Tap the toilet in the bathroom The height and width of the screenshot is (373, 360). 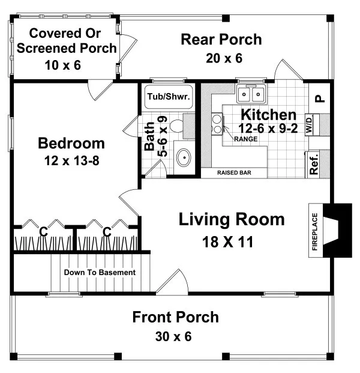point(176,127)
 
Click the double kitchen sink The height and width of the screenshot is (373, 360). point(252,95)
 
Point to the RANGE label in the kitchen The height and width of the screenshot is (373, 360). point(245,139)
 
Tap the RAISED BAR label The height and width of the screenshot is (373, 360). point(233,173)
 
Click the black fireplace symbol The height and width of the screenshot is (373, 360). point(340,231)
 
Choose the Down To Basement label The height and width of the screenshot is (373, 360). point(100,273)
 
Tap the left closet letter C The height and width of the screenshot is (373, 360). point(43,231)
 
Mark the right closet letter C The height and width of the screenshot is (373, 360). point(107,231)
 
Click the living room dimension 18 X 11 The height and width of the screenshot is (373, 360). point(231,242)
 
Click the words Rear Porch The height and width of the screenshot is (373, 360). point(221,40)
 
